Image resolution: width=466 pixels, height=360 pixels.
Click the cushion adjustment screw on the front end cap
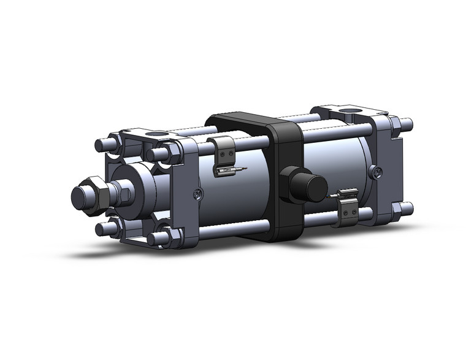pyautogui.click(x=196, y=194)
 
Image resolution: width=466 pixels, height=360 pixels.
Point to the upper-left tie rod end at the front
pyautogui.click(x=101, y=147)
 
